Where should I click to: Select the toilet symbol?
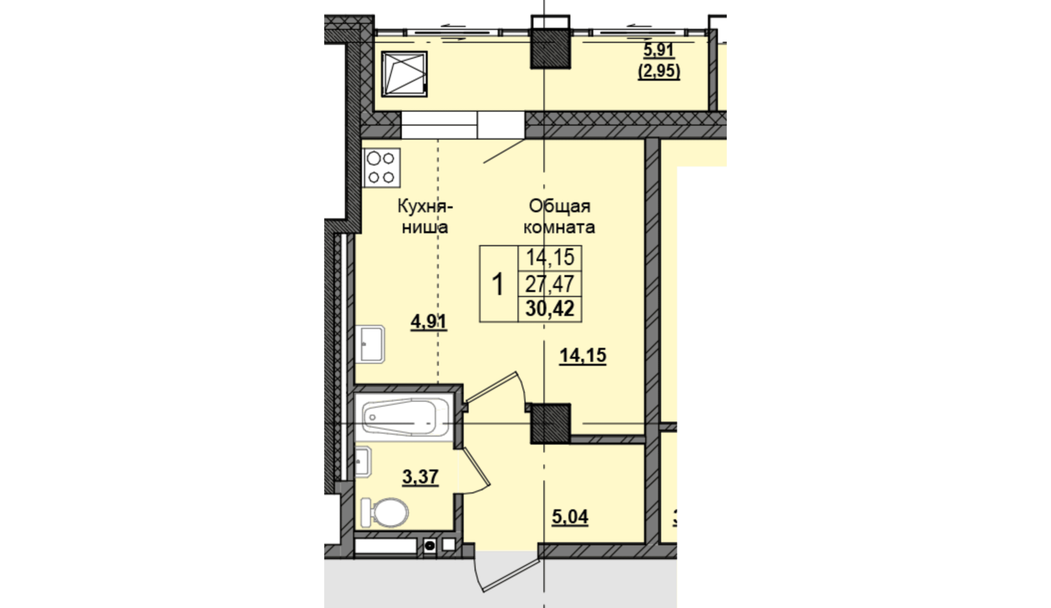(x=384, y=512)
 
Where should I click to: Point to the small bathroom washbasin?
(x=364, y=462)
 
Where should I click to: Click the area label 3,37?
(x=420, y=477)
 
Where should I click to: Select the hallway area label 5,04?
(x=570, y=517)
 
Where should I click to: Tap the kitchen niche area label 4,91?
(x=428, y=322)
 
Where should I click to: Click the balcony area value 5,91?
(x=659, y=50)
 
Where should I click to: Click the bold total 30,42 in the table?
(x=550, y=309)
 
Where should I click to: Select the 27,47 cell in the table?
(x=550, y=284)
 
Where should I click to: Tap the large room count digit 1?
(x=497, y=285)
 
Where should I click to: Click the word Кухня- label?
(x=426, y=206)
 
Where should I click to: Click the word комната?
(x=559, y=227)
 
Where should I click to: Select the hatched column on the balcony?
(x=550, y=49)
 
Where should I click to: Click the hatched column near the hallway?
(x=550, y=423)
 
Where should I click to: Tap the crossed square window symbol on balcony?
(x=405, y=74)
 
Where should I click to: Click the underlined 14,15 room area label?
(x=583, y=355)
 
